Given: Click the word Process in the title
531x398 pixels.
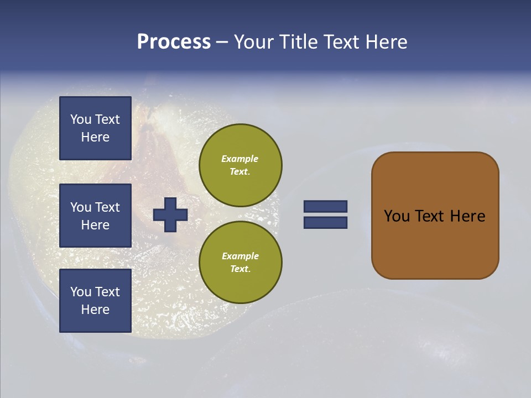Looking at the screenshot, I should point(174,42).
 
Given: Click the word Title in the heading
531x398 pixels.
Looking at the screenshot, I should point(298,42).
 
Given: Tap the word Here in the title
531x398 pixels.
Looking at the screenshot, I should point(387,42).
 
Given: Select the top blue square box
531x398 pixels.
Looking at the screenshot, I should point(95,128).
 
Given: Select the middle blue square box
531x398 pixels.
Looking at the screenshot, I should point(95,216).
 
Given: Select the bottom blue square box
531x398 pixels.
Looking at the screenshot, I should point(95,301).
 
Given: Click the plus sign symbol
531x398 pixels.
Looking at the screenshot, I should point(170,214).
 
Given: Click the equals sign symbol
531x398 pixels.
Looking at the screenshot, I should point(325,214).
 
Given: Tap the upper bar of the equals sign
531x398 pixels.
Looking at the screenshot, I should point(325,207).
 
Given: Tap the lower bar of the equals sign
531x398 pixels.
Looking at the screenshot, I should point(325,222).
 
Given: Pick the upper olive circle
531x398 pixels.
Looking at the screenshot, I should point(240,165).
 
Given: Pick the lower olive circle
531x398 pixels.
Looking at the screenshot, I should point(240,262).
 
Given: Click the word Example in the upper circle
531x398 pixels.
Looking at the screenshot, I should point(240,159).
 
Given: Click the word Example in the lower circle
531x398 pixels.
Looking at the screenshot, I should point(240,256).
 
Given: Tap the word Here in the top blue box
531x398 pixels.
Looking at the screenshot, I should point(95,137).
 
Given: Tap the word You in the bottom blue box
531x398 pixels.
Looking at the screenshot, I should point(81,292).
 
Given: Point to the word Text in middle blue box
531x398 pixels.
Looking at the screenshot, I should point(107,207).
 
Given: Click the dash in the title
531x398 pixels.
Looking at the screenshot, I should point(222,42).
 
